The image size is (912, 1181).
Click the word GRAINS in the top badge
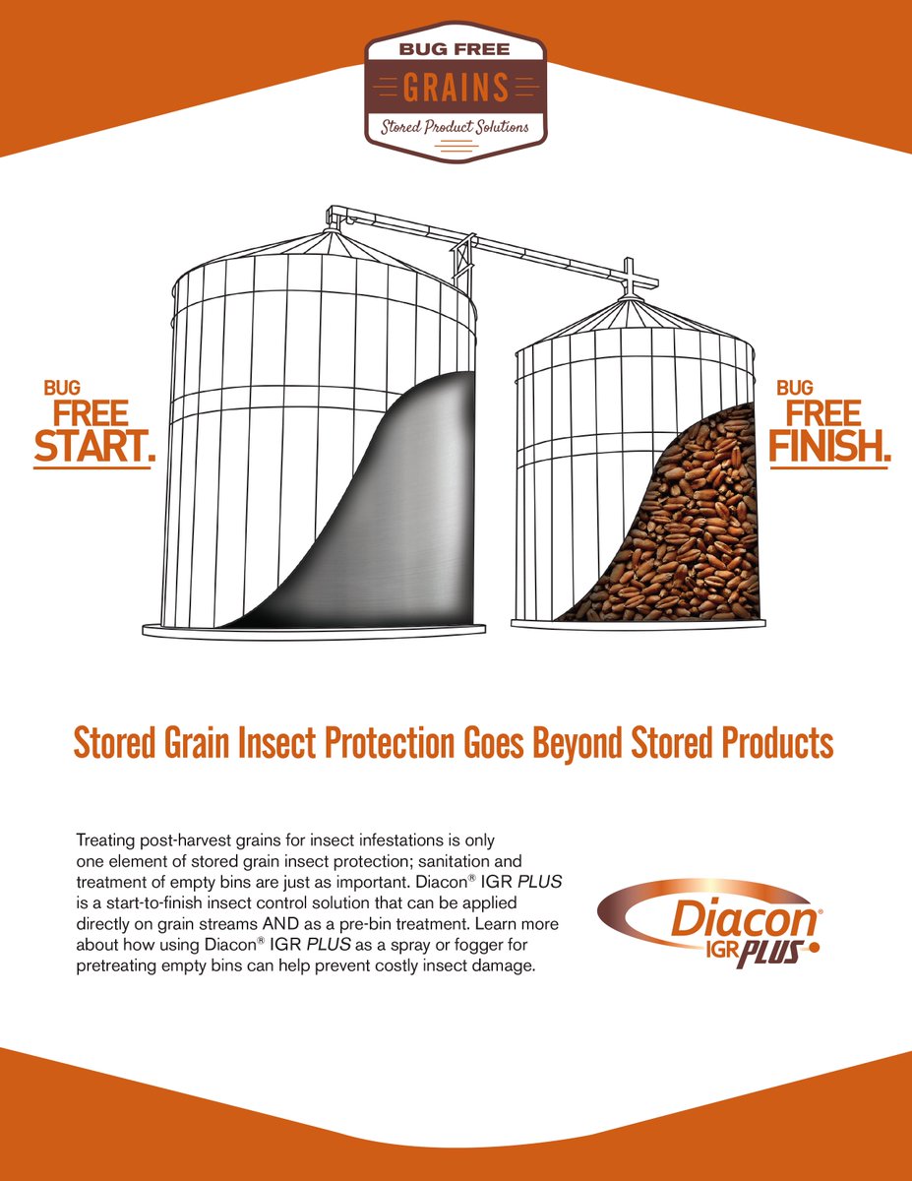coord(456,88)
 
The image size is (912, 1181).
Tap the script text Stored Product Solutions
coord(456,127)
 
